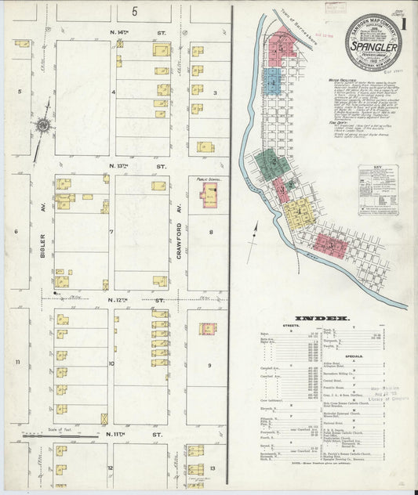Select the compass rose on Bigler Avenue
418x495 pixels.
point(42,125)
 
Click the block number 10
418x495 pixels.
point(111,363)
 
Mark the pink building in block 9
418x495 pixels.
point(207,329)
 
